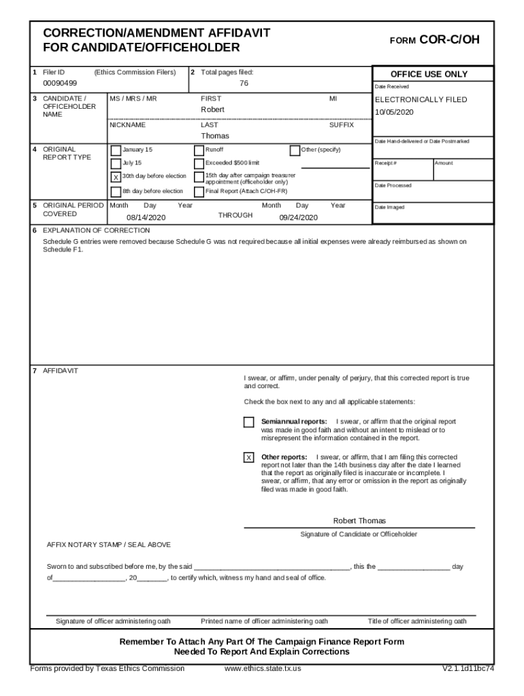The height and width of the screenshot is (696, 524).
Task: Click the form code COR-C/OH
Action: (x=449, y=40)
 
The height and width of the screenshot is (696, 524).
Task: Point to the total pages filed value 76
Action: (x=244, y=83)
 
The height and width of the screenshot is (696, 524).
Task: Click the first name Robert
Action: (x=212, y=109)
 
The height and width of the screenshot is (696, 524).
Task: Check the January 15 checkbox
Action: (x=116, y=150)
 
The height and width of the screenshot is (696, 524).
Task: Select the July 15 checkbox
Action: (x=116, y=164)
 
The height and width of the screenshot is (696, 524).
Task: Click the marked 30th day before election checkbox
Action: (x=116, y=177)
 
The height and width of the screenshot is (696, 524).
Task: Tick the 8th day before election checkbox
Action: (x=116, y=191)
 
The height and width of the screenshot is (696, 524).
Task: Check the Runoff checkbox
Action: (x=199, y=150)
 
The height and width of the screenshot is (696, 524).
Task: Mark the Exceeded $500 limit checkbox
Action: (x=199, y=164)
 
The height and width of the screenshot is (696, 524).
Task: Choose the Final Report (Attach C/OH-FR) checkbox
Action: (x=199, y=191)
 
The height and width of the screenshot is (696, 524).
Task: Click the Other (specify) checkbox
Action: (x=295, y=150)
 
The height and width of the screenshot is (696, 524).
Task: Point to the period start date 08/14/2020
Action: (x=146, y=217)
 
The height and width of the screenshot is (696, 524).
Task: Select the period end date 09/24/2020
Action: (x=298, y=217)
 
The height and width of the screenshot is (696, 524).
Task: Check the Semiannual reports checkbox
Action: (x=249, y=422)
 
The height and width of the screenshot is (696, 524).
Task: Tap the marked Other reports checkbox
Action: (x=249, y=457)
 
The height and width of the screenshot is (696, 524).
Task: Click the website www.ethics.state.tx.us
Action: (x=263, y=668)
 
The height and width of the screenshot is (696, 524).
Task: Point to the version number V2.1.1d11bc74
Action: (x=468, y=668)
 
